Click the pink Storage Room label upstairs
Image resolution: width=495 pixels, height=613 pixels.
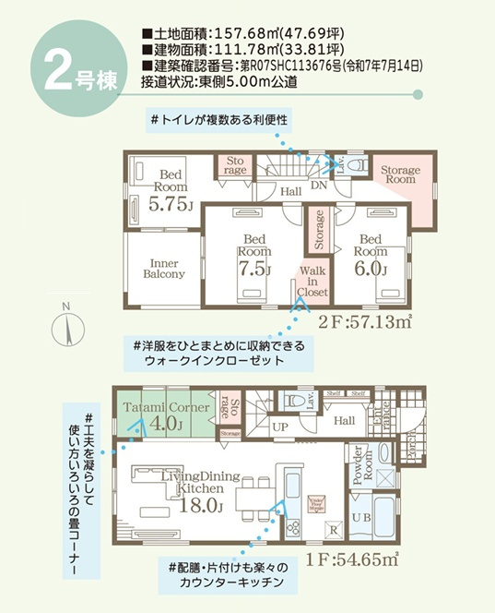coord(400,175)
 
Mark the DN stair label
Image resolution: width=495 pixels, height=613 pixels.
coord(319,185)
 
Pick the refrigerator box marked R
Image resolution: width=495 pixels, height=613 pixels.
coord(334,531)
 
